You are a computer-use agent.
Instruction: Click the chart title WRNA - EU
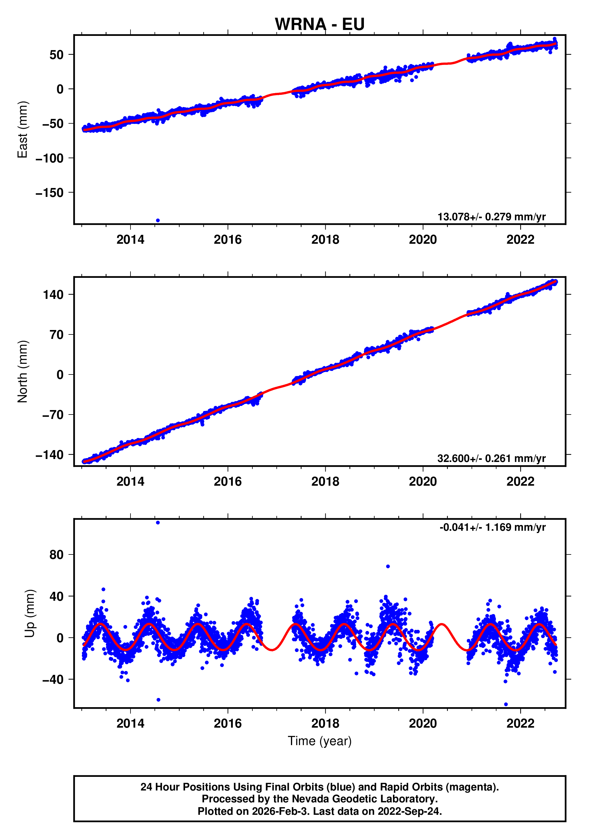[x=319, y=24]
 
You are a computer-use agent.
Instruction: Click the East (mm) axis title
[x=22, y=130]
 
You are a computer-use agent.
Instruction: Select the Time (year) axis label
[x=319, y=741]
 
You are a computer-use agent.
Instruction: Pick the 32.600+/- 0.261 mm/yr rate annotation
[x=491, y=458]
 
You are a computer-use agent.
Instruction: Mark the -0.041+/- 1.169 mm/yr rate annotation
[x=492, y=527]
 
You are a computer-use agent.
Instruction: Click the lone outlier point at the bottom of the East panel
[x=158, y=220]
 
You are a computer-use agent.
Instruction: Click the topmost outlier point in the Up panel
[x=158, y=522]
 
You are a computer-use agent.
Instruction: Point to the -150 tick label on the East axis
[x=50, y=193]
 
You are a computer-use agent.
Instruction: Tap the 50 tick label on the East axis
[x=56, y=55]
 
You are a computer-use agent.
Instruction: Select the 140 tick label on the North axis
[x=53, y=294]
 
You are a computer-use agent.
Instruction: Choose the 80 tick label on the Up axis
[x=56, y=555]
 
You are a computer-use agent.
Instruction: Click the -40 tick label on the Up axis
[x=53, y=679]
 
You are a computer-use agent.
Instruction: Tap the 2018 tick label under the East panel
[x=325, y=240]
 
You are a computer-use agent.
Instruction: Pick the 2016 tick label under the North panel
[x=227, y=482]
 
